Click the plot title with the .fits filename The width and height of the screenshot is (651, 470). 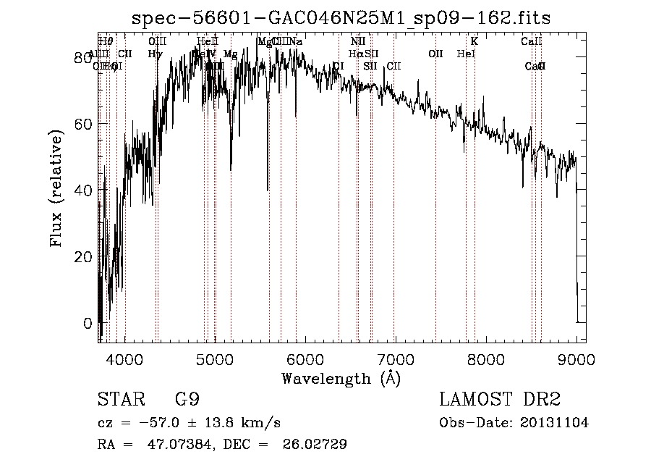tap(341, 19)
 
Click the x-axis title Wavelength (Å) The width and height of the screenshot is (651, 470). tap(341, 378)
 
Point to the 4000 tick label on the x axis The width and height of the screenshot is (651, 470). tap(125, 358)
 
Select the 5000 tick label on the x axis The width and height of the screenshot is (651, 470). tap(215, 358)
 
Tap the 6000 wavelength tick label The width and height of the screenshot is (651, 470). tap(305, 358)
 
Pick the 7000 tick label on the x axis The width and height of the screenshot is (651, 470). tap(396, 358)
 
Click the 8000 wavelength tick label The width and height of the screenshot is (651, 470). tap(486, 358)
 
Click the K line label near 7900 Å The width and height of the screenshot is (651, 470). tap(475, 42)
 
